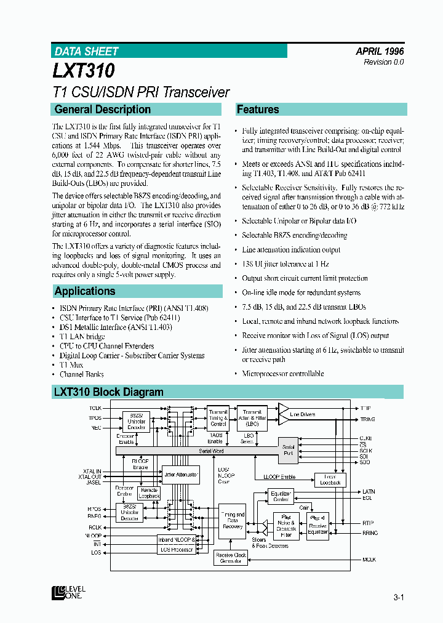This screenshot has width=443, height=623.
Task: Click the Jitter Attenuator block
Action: [x=181, y=475]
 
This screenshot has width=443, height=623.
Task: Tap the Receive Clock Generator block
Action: [x=231, y=558]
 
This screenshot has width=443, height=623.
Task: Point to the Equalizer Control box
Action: [x=281, y=496]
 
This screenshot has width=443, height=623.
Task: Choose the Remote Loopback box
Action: [x=149, y=493]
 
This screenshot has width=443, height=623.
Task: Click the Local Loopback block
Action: [x=330, y=480]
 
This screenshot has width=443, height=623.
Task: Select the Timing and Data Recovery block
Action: [x=232, y=521]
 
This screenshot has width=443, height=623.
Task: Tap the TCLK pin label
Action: [x=95, y=408]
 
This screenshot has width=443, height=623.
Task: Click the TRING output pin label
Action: [x=368, y=419]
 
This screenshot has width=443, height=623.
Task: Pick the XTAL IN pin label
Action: [x=90, y=470]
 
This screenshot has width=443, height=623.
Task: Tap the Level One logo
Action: [x=69, y=592]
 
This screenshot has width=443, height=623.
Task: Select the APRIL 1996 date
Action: [x=380, y=52]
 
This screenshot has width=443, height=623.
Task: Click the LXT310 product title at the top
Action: [x=84, y=71]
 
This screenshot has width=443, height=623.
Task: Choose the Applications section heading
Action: [x=85, y=291]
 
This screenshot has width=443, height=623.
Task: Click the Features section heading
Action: [x=258, y=110]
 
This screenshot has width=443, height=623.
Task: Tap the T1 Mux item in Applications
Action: [x=71, y=365]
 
